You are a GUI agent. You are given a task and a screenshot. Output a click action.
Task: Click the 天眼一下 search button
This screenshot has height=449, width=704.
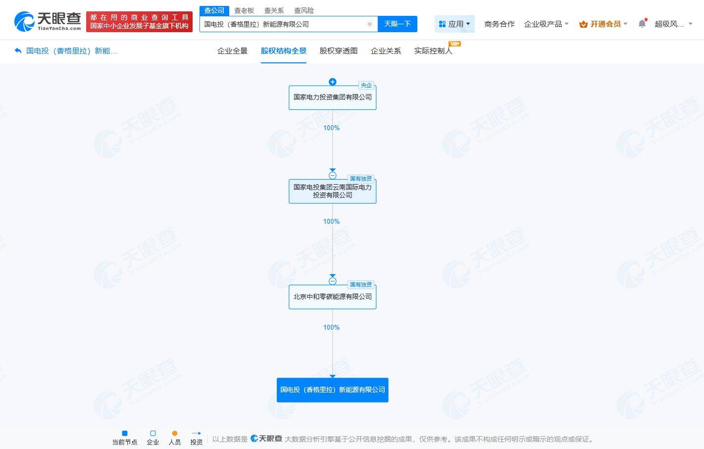point(397,24)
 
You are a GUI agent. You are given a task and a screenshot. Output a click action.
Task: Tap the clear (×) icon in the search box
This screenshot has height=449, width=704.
point(370,24)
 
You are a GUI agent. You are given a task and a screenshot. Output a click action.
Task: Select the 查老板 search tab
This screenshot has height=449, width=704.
point(244,10)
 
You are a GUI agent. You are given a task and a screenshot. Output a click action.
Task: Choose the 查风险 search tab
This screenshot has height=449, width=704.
point(303,10)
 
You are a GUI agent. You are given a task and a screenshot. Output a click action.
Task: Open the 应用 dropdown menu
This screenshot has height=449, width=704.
point(454,24)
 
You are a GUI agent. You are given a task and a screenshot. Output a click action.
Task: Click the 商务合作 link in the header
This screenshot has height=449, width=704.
point(500,24)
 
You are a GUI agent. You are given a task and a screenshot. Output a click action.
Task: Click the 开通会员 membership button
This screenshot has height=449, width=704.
point(603,24)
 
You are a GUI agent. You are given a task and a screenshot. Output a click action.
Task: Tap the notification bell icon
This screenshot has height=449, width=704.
point(642,24)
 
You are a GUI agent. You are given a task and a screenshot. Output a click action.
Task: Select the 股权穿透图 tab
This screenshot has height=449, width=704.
point(338,51)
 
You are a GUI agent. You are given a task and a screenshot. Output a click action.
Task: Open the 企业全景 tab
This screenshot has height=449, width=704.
point(232,51)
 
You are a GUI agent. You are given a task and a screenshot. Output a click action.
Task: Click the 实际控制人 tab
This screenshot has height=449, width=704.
point(433,51)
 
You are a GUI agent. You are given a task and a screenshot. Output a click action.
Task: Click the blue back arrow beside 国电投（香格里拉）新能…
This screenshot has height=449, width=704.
point(18,50)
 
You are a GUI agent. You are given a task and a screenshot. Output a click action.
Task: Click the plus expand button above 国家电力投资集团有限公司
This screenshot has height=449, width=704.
point(333,82)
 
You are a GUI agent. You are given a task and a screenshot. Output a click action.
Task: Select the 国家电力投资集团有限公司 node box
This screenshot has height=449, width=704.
point(333,98)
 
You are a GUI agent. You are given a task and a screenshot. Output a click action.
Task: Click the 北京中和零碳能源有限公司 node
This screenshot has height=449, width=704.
point(333,297)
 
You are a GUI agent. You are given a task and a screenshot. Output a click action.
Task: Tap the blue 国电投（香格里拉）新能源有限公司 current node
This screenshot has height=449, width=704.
point(333,390)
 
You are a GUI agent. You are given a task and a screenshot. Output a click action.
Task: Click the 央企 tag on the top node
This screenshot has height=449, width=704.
point(366,85)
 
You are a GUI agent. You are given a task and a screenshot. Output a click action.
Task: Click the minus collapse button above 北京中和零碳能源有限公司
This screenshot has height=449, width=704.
point(333,281)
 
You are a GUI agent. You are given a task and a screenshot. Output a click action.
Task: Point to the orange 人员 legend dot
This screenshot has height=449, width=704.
point(175,433)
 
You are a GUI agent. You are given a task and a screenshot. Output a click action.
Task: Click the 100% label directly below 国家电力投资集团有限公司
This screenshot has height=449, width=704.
point(332,128)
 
